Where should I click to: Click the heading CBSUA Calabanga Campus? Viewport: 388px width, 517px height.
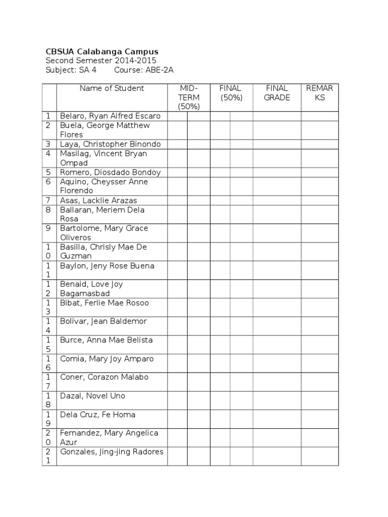tap(102, 51)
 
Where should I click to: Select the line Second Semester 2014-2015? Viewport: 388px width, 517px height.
tap(101, 61)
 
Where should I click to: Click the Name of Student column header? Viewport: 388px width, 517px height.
tap(112, 88)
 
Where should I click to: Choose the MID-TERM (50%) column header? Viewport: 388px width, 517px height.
tap(189, 97)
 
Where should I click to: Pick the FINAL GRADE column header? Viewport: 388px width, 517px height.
tap(277, 93)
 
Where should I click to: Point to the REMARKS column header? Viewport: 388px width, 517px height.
tap(320, 93)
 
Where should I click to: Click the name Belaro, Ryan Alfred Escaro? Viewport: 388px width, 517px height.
tap(110, 116)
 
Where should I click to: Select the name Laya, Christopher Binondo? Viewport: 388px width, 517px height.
tap(110, 144)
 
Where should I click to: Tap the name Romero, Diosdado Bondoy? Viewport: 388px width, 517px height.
tap(110, 172)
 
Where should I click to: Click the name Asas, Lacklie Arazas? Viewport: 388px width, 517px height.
tap(99, 200)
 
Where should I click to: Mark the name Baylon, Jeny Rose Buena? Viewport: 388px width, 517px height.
tap(107, 266)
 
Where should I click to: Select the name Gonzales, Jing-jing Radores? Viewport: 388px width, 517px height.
tap(112, 452)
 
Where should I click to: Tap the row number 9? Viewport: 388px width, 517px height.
tap(48, 228)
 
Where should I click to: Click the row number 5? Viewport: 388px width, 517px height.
tap(48, 172)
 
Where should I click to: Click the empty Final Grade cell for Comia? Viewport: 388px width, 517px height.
tap(277, 364)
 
